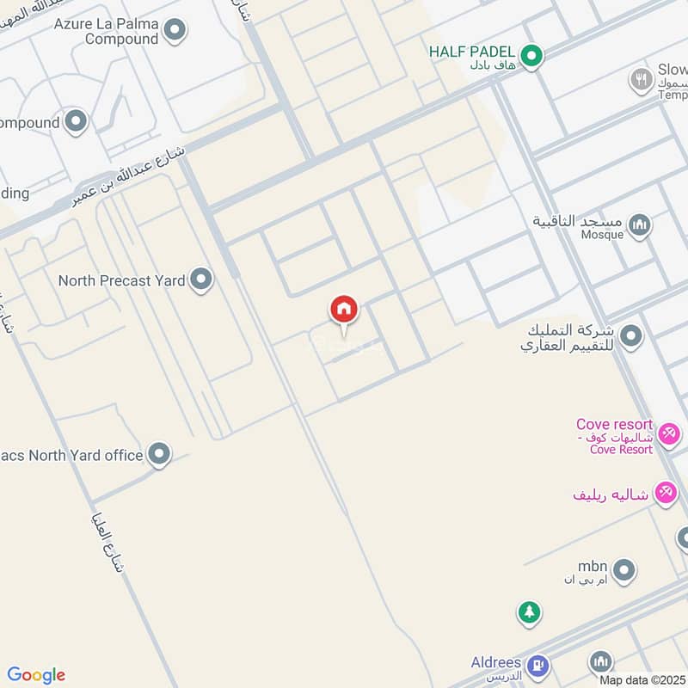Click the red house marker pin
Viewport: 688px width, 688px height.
[x=344, y=310]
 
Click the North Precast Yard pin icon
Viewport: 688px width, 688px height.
[x=200, y=279]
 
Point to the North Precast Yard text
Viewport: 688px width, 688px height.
[x=121, y=280]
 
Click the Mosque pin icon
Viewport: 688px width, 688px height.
[x=639, y=226]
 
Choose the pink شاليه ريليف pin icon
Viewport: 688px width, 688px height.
[x=665, y=493]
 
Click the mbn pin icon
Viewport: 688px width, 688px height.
[x=624, y=569]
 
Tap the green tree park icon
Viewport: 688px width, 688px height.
[x=529, y=612]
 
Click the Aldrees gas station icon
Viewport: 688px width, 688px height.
[x=538, y=664]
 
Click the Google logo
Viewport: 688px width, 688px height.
[x=36, y=675]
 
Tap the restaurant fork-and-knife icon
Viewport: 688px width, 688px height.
[x=641, y=82]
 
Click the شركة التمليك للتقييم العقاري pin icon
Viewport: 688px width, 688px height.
[x=631, y=336]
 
